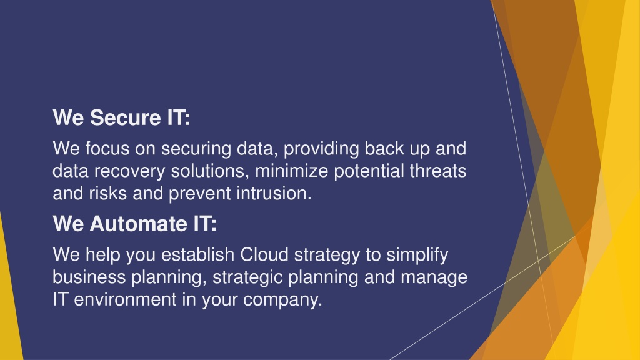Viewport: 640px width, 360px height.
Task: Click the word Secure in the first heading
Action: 126,117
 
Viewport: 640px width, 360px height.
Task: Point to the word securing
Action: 196,149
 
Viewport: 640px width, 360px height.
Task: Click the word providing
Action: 321,149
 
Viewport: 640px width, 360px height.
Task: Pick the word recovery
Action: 130,171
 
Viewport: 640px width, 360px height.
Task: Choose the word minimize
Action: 291,171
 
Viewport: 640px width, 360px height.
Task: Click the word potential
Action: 369,171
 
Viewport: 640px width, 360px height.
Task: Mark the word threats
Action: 438,171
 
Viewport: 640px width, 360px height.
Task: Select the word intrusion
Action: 274,193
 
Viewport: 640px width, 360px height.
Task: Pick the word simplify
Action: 417,255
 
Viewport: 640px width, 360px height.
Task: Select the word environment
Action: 125,299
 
